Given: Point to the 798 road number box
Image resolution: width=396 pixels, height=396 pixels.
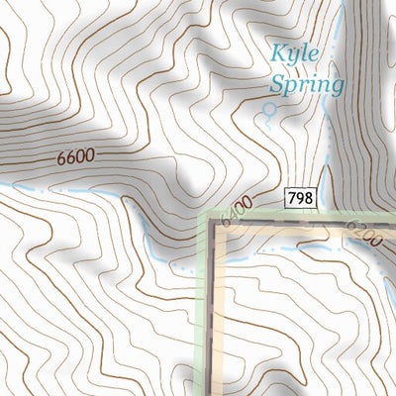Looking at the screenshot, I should coord(300,199).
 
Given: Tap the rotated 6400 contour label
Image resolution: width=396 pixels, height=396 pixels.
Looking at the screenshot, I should coord(234,214).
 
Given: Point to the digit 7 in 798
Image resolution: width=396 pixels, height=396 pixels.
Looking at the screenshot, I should coord(292,199).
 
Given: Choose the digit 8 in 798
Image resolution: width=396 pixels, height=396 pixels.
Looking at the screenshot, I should coord(308,199).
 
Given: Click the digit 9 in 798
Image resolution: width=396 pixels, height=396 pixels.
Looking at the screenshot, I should coord(300,199).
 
